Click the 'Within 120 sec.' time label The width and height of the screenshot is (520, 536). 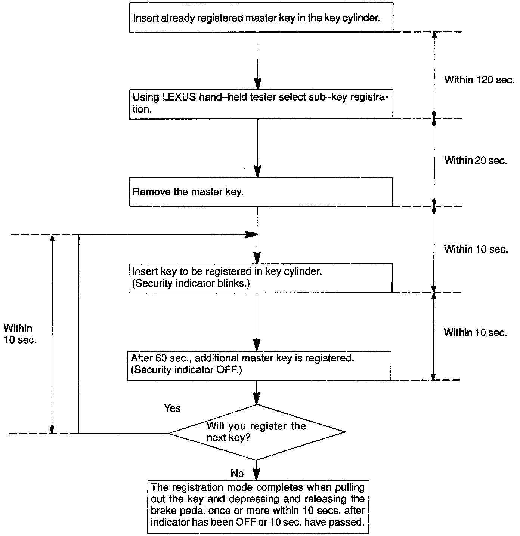pyautogui.click(x=479, y=80)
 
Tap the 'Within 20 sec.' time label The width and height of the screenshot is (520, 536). pyautogui.click(x=475, y=161)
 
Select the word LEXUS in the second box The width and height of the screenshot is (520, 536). pyautogui.click(x=179, y=97)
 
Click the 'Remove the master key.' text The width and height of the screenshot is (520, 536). pyautogui.click(x=188, y=192)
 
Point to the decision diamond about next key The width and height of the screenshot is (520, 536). pyautogui.click(x=257, y=432)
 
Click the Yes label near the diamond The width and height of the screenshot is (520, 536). pyautogui.click(x=173, y=408)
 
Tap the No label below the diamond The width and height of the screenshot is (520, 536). pyautogui.click(x=237, y=474)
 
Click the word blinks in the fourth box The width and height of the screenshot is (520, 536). pyautogui.click(x=233, y=283)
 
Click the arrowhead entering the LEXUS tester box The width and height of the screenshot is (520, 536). pyautogui.click(x=257, y=84)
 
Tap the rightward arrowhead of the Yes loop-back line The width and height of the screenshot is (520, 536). pyautogui.click(x=251, y=234)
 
